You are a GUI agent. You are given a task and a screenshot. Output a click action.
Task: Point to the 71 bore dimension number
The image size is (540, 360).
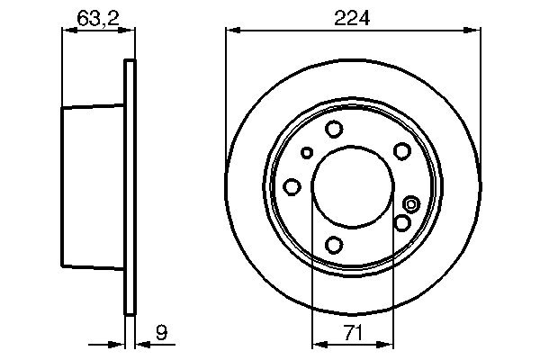point(352,334)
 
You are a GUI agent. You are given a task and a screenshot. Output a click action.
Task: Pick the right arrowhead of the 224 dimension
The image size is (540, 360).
point(472,30)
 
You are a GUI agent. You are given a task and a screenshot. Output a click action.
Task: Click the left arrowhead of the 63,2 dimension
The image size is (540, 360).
point(67,30)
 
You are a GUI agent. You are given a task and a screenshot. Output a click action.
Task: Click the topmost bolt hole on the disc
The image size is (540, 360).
point(334,130)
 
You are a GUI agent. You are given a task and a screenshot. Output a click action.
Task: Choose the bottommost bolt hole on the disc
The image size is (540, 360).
point(334,244)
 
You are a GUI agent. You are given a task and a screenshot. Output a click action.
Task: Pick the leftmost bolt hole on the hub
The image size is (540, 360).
point(292,186)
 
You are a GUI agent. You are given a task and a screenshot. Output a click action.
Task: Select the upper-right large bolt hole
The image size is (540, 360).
point(402,151)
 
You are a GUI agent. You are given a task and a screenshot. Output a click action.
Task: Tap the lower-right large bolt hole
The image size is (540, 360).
point(402,221)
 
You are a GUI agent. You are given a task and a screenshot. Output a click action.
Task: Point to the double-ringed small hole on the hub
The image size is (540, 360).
point(411,203)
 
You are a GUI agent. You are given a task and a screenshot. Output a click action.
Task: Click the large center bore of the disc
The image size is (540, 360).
point(351,186)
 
